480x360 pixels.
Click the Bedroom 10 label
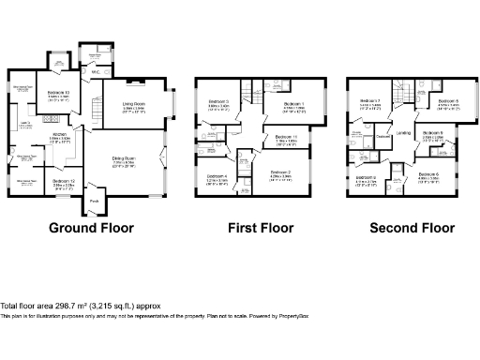(x=58, y=94)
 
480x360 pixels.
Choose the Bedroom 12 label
(x=64, y=180)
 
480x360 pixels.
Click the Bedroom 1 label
(x=293, y=104)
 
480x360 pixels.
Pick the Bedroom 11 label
(x=288, y=138)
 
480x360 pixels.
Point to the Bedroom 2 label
(x=281, y=172)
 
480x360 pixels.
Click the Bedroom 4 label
(x=217, y=175)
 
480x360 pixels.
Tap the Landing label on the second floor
(x=403, y=133)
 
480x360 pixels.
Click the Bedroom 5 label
(x=449, y=101)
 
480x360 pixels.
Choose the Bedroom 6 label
(x=428, y=174)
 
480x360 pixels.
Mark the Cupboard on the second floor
(x=382, y=139)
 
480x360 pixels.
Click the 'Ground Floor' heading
(x=91, y=228)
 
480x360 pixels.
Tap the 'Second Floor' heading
(x=412, y=228)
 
